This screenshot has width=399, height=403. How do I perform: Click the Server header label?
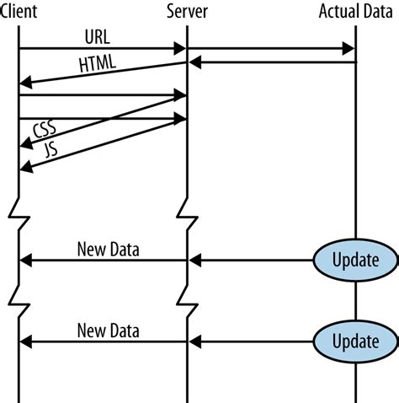click(x=187, y=12)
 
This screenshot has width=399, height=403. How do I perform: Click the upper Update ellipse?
click(x=355, y=260)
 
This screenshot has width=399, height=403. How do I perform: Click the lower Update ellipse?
click(x=355, y=341)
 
